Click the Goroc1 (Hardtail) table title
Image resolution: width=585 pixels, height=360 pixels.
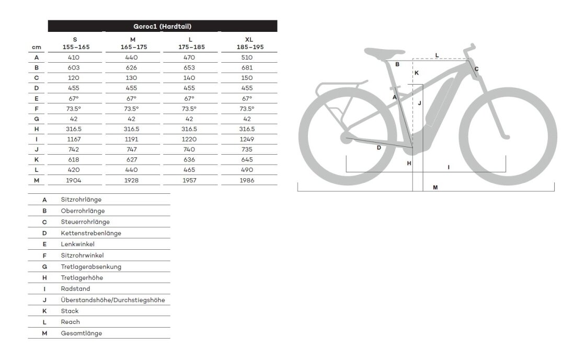point(162,26)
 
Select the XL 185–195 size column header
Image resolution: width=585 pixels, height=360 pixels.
point(249,43)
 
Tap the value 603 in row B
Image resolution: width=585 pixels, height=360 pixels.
point(74,67)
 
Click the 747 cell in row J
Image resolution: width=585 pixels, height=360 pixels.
point(132,149)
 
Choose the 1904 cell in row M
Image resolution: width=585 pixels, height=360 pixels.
point(74,180)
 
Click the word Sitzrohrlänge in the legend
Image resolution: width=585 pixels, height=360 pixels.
point(81,200)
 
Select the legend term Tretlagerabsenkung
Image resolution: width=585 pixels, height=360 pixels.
point(91,266)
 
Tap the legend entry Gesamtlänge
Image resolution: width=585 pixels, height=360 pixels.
point(82,333)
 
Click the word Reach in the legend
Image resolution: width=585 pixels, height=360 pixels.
point(71,322)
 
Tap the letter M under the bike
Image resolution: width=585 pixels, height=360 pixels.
point(435,188)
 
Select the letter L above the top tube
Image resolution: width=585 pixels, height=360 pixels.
point(437,55)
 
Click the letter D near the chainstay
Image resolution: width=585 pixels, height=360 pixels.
point(379,147)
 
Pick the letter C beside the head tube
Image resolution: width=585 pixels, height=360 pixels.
point(476,68)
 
